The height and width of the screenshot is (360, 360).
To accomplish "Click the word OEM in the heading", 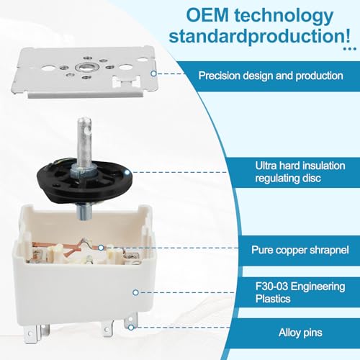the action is pos(207,15).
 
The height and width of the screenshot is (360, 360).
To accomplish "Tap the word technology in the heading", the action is pos(284,17).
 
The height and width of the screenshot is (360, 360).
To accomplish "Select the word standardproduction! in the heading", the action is pos(259,36).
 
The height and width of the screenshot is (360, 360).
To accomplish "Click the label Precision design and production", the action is pos(271,76).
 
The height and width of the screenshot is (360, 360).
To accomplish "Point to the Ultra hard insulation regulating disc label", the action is pos(300,172).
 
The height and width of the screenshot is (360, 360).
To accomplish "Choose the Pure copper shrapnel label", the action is pos(300,250).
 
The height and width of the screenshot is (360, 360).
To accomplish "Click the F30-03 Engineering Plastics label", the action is pos(300,292).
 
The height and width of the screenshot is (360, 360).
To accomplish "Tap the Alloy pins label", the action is pos(300,333).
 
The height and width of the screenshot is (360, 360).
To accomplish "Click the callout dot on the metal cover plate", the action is pos(153,73).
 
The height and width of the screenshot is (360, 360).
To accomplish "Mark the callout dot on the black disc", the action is pos(127,172).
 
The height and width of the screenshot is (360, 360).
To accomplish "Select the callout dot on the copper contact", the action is pos(101,248).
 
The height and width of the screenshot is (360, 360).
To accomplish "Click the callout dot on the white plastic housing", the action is pos(135,292).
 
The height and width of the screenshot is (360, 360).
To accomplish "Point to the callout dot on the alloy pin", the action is pos(131,328).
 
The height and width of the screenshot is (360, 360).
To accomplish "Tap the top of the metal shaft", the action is pos(84,120).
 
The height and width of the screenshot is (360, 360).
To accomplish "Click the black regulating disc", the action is pos(84,179).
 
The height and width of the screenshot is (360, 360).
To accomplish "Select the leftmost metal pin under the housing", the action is pos(30,334).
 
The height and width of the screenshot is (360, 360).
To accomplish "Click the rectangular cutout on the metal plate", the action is pos(127,81).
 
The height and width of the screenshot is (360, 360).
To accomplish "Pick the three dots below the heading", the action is pos(350,49).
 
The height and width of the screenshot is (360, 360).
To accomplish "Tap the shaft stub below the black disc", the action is pos(84,211).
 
